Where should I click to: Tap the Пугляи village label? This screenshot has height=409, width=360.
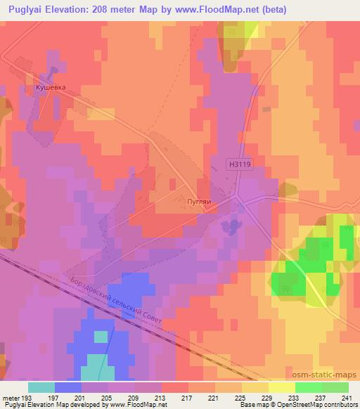pos(200,200)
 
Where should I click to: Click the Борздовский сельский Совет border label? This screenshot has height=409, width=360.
pos(117,300)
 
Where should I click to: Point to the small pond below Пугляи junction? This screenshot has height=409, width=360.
pos(229,226)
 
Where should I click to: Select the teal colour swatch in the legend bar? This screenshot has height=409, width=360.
pos(41,387)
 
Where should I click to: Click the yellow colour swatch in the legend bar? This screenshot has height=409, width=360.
pos(281,387)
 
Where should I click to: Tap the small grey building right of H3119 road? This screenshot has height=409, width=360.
pos(266,110)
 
